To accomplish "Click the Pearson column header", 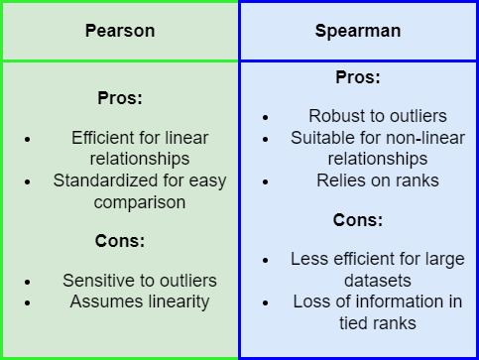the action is pyautogui.click(x=120, y=32).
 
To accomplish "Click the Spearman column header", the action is pyautogui.click(x=358, y=32).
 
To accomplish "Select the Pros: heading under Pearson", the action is pyautogui.click(x=120, y=98).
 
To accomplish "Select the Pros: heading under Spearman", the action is pyautogui.click(x=358, y=77).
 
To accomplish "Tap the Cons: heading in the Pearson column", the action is pyautogui.click(x=120, y=241).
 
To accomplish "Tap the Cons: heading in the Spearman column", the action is pyautogui.click(x=358, y=220).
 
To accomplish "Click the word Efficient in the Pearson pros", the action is pyautogui.click(x=95, y=138).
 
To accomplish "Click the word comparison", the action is pyautogui.click(x=140, y=202).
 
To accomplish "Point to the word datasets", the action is pyautogui.click(x=378, y=281).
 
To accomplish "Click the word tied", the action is pyautogui.click(x=353, y=323).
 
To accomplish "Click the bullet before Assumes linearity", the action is pyautogui.click(x=27, y=302).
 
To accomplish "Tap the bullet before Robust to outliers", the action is pyautogui.click(x=265, y=117).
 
